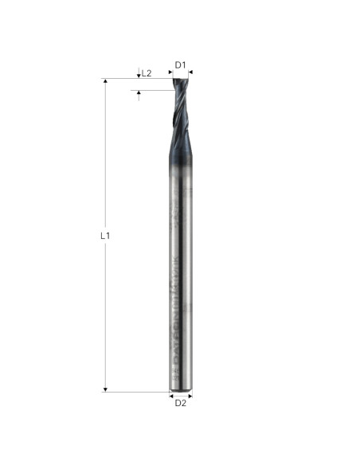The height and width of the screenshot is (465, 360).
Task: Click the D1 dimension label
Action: pyautogui.click(x=181, y=64)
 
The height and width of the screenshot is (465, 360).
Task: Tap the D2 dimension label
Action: pyautogui.click(x=181, y=404)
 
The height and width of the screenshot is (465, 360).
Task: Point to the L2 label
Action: pyautogui.click(x=147, y=73)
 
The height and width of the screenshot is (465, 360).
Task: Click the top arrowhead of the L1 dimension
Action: pyautogui.click(x=105, y=82)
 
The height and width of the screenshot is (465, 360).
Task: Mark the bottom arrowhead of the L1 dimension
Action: pyautogui.click(x=105, y=389)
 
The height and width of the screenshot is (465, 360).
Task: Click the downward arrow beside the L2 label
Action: pyautogui.click(x=139, y=75)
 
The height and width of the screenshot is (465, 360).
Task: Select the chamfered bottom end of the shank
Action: pyautogui.click(x=181, y=389)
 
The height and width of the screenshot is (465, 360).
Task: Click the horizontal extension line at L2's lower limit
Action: pyautogui.click(x=151, y=90)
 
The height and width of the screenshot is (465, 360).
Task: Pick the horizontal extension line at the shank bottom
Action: pyautogui.click(x=135, y=391)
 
